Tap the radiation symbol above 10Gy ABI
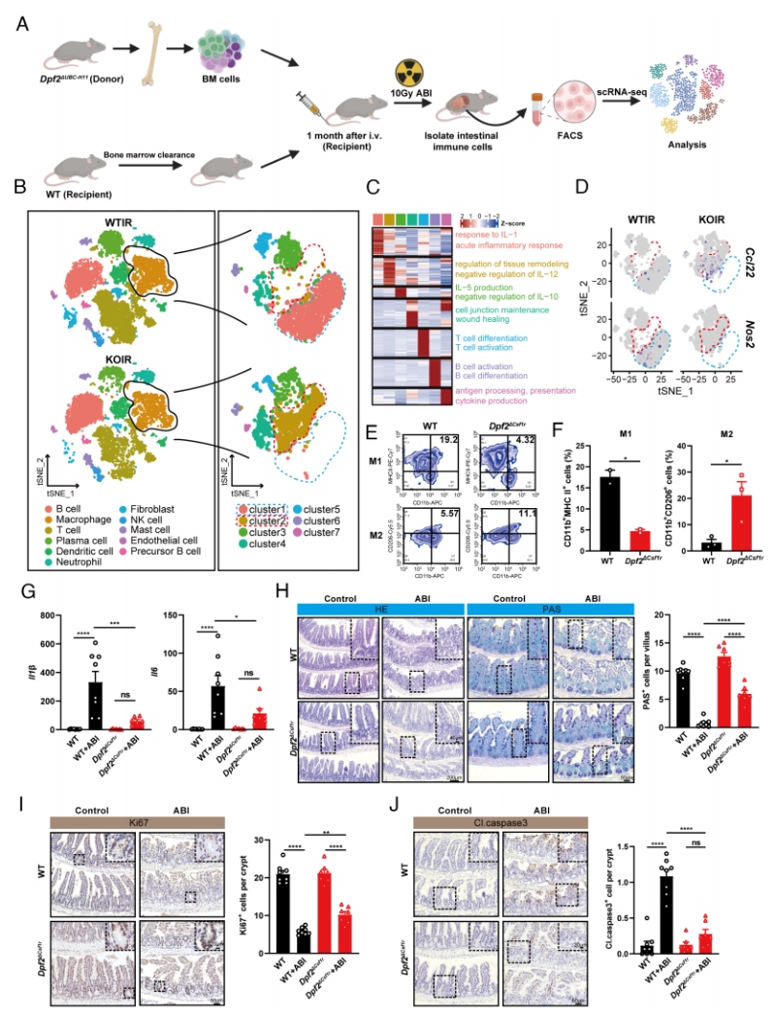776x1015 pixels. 410,75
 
